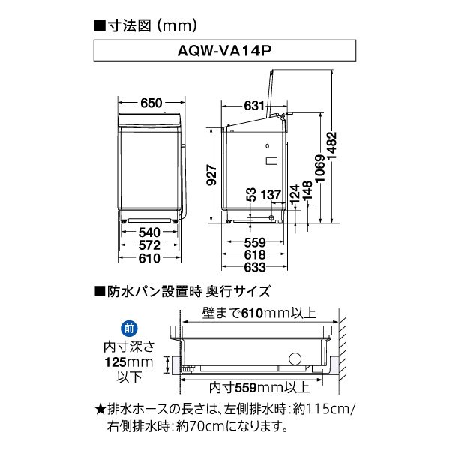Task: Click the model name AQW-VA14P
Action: (x=224, y=51)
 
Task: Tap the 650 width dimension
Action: (x=151, y=103)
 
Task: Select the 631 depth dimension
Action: (x=254, y=106)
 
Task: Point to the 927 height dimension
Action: (x=211, y=175)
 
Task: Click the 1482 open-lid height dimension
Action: (x=331, y=146)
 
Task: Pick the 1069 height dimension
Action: (x=320, y=169)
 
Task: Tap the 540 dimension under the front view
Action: (x=149, y=232)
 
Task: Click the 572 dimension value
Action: (x=149, y=245)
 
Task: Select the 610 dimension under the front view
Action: (x=149, y=258)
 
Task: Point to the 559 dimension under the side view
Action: (x=255, y=242)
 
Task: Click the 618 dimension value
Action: (x=255, y=255)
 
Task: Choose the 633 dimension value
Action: (x=255, y=268)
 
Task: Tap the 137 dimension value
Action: (x=271, y=195)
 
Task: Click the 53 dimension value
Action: (x=250, y=194)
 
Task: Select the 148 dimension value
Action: (x=307, y=190)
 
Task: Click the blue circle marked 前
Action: (x=129, y=328)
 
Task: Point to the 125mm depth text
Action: (x=129, y=362)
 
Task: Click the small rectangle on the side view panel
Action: (x=271, y=160)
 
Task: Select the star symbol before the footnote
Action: (x=100, y=409)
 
